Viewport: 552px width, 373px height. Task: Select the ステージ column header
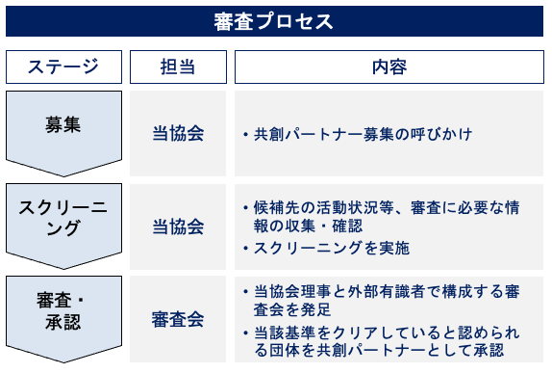point(63,67)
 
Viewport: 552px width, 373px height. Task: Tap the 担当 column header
point(177,67)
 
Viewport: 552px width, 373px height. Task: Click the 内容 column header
point(389,67)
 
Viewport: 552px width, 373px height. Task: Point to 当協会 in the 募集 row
point(177,133)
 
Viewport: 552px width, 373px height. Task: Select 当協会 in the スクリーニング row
point(177,226)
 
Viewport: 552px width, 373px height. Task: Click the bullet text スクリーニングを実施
point(332,248)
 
